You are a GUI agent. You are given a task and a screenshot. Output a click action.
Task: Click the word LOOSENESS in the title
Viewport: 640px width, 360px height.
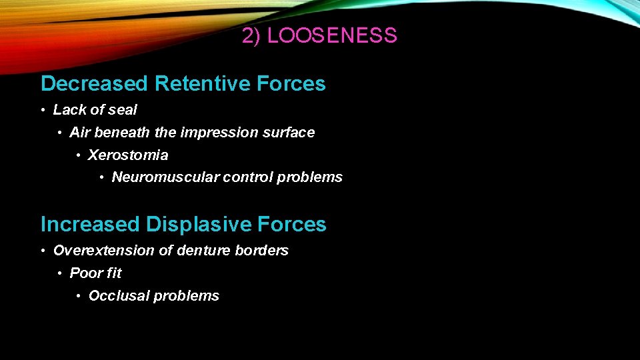pyautogui.click(x=332, y=36)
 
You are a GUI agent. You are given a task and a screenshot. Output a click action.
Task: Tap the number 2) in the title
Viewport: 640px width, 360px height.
pyautogui.click(x=251, y=36)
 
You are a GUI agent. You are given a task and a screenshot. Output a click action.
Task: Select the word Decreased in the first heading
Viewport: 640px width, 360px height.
pyautogui.click(x=94, y=84)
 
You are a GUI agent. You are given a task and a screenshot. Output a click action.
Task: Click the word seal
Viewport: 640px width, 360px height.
pyautogui.click(x=123, y=110)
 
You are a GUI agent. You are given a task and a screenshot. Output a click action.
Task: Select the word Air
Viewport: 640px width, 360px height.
pyautogui.click(x=79, y=133)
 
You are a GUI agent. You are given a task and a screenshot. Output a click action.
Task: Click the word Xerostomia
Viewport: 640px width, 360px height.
pyautogui.click(x=128, y=155)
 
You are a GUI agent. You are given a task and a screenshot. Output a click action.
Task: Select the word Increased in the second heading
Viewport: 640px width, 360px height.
pyautogui.click(x=91, y=225)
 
